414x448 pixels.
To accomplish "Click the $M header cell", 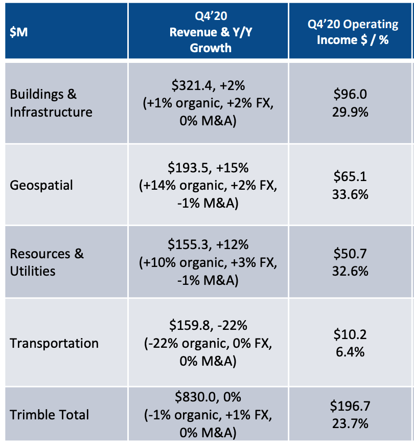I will pyautogui.click(x=19, y=32).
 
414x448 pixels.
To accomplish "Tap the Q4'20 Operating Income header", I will pyautogui.click(x=352, y=32).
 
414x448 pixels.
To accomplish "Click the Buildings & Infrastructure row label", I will pyautogui.click(x=51, y=103).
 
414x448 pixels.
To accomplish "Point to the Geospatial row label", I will pyautogui.click(x=41, y=185).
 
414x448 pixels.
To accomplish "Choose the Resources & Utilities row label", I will pyautogui.click(x=47, y=262).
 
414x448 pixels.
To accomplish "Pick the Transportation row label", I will pyautogui.click(x=54, y=343).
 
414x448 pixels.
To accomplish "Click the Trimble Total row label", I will pyautogui.click(x=50, y=414).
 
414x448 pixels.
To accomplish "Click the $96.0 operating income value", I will pyautogui.click(x=351, y=95).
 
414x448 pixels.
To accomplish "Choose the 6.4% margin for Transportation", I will pyautogui.click(x=351, y=352).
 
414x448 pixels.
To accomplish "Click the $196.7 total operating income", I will pyautogui.click(x=351, y=407).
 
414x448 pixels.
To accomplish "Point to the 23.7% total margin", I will pyautogui.click(x=351, y=423).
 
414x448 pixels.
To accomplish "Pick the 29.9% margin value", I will pyautogui.click(x=351, y=111).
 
